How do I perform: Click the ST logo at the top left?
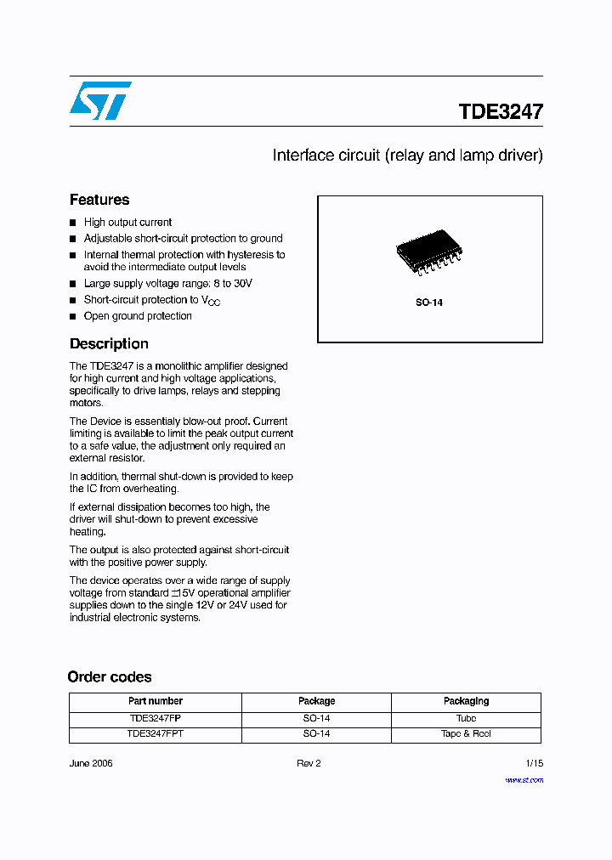coord(100,100)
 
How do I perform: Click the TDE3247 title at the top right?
coord(501,112)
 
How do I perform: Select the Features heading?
coord(99,200)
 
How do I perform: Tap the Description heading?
coord(109,344)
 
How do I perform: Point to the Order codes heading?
coord(110,677)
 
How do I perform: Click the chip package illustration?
coord(430,252)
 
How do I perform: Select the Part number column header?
coord(156,702)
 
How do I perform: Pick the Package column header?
coord(316,702)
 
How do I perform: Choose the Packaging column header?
coord(466,702)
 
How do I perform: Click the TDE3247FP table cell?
coord(156,718)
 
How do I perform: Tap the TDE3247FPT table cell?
coord(156,734)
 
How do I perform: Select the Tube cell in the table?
coord(466,718)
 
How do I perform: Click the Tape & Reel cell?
coord(466,734)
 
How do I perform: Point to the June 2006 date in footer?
coord(91,763)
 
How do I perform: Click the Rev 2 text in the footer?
coord(309,763)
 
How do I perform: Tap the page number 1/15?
coord(534,763)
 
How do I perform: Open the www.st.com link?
coord(524,780)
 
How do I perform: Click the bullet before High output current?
coord(73,223)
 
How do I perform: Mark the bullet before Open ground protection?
coord(73,316)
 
